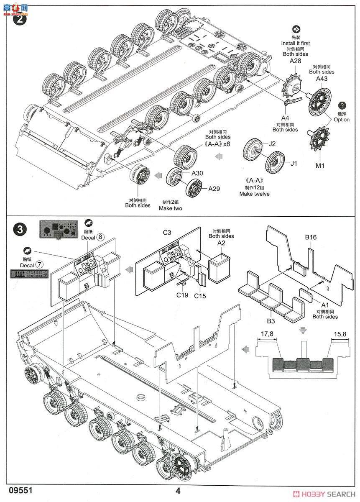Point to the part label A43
tap(321, 79)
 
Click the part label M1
tap(320, 166)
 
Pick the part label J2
tap(272, 144)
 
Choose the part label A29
tap(214, 189)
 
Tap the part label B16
tap(311, 237)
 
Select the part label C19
tap(182, 295)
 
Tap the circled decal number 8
tap(100, 236)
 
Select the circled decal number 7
tap(40, 264)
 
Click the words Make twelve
tap(254, 194)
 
